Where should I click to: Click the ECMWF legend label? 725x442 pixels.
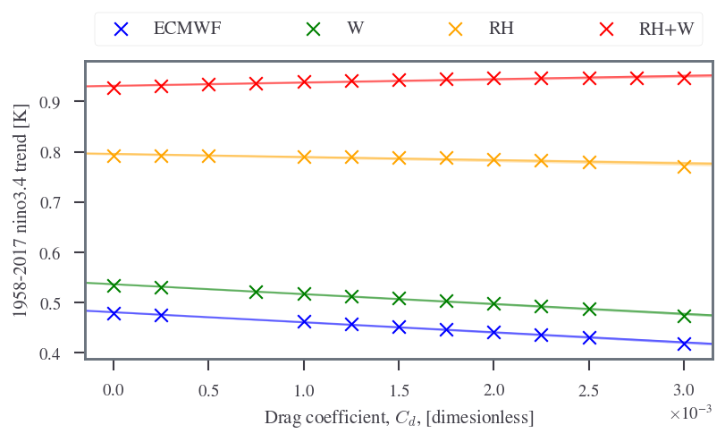(187, 29)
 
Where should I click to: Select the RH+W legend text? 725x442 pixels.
(666, 29)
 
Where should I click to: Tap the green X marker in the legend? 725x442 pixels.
(313, 30)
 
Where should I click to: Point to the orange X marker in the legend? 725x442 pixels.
(455, 30)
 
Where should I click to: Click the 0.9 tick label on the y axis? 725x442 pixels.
(50, 102)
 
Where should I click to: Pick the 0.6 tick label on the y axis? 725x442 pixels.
(50, 253)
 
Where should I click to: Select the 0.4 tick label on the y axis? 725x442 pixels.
(50, 354)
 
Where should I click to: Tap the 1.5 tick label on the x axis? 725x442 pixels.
(399, 391)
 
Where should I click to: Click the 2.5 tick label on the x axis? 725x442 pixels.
(588, 391)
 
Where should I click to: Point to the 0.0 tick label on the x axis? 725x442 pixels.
(114, 391)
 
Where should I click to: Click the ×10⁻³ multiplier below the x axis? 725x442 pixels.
(691, 412)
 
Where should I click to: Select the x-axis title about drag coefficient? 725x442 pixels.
(399, 418)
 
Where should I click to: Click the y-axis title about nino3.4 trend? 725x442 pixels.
(21, 210)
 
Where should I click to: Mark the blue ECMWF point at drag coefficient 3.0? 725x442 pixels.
(684, 344)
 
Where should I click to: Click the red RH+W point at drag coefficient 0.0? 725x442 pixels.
(114, 88)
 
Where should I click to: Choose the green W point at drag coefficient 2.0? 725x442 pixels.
(493, 303)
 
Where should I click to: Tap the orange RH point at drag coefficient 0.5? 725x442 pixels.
(208, 156)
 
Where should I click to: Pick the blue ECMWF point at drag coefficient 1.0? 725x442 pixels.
(304, 321)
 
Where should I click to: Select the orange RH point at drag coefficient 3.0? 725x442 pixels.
(684, 166)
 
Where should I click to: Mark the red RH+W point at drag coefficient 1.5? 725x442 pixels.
(399, 80)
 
